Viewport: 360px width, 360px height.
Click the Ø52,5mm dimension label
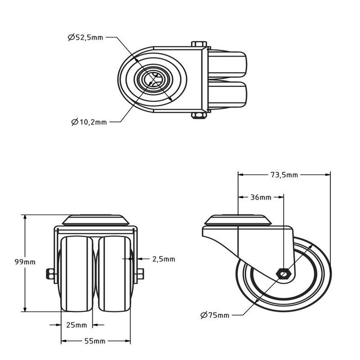[85, 37]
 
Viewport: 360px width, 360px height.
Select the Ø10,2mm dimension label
[89, 122]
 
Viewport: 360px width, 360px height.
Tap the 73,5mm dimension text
[284, 175]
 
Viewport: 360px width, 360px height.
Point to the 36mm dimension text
[261, 197]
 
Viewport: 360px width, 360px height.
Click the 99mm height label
[26, 262]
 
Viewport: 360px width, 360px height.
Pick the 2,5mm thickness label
[164, 259]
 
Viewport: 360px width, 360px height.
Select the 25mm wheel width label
[77, 325]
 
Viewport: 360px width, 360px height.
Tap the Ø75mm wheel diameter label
[215, 315]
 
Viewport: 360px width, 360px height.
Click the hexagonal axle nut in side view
[283, 273]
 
